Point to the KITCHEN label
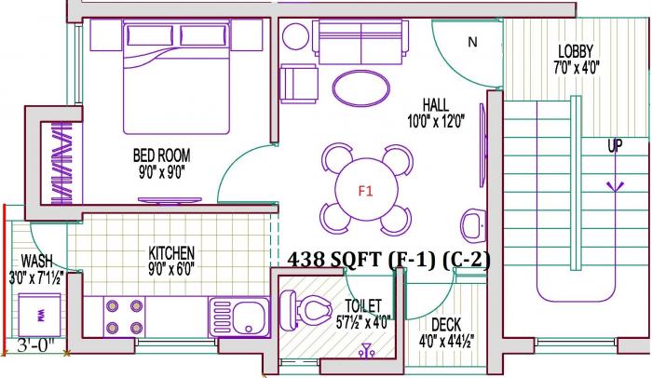(x=171, y=252)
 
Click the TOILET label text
(x=364, y=304)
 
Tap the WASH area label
(x=36, y=261)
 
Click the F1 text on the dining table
(x=365, y=192)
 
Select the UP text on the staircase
(x=615, y=146)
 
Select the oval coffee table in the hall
(x=361, y=88)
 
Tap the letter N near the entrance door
(x=472, y=42)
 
